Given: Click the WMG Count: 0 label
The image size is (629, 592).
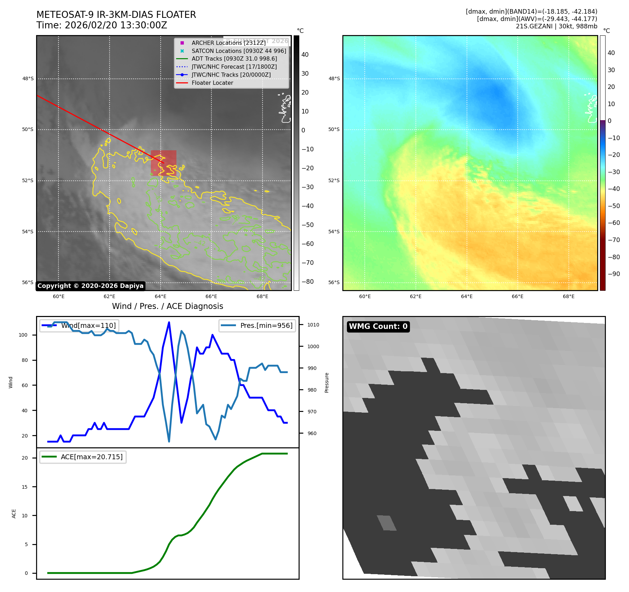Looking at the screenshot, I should coord(378,326).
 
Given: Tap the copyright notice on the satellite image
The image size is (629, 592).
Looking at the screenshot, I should coord(90,286).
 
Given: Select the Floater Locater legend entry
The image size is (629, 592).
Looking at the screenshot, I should coord(212,83).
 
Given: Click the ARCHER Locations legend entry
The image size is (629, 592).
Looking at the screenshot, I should coord(229,43).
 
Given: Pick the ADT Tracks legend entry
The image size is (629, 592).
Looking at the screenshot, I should coord(234,59).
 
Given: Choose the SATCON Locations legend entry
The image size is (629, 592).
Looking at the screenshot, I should coord(239,51).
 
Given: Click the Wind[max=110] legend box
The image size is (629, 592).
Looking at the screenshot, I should coord(79,325).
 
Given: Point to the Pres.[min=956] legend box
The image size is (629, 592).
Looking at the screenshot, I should coord(257,325).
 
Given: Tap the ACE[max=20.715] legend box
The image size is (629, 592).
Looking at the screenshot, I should coord(83,457).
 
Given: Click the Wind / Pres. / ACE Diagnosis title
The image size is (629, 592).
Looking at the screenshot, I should coord(167,306).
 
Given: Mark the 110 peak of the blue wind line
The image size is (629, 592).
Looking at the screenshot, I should coord(169,322).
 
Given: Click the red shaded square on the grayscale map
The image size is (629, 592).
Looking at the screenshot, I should coord(163,163).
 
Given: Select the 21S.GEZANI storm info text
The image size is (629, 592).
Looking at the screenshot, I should coord(556,26).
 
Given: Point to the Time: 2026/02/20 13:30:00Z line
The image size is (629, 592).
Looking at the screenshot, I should coord(102,26).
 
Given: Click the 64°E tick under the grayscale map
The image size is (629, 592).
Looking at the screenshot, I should coord(161,296).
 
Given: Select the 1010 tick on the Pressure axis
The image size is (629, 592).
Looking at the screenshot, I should coord(313,325).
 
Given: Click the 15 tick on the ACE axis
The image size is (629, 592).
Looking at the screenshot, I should coord(25,487).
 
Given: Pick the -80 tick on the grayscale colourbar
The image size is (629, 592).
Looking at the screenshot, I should coord(308,282).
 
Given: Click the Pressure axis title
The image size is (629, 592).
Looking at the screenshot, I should coord(327,383).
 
